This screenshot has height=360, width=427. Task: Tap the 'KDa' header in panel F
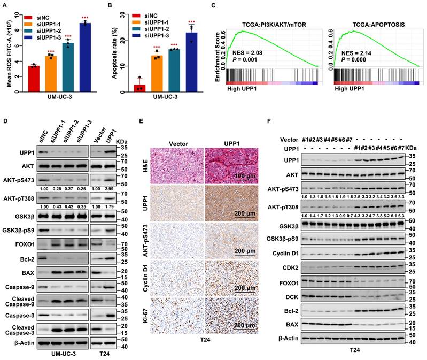click(410, 147)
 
